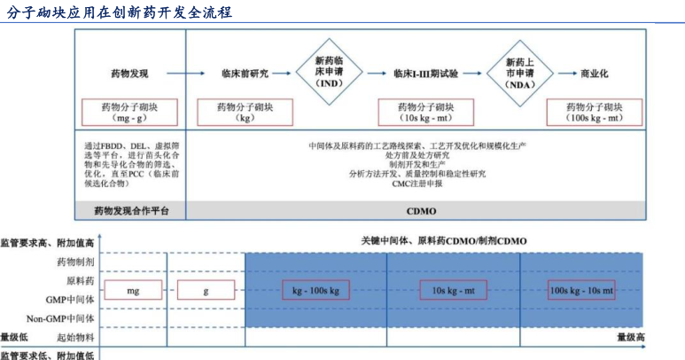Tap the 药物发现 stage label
(129, 74)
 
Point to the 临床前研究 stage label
(245, 74)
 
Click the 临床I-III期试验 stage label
(425, 74)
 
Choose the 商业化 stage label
(594, 74)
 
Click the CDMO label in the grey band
(421, 211)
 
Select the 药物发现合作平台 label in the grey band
(131, 211)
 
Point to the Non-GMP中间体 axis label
(60, 318)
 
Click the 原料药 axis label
(80, 280)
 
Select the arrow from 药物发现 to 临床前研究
(186, 74)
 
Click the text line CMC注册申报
(417, 184)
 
